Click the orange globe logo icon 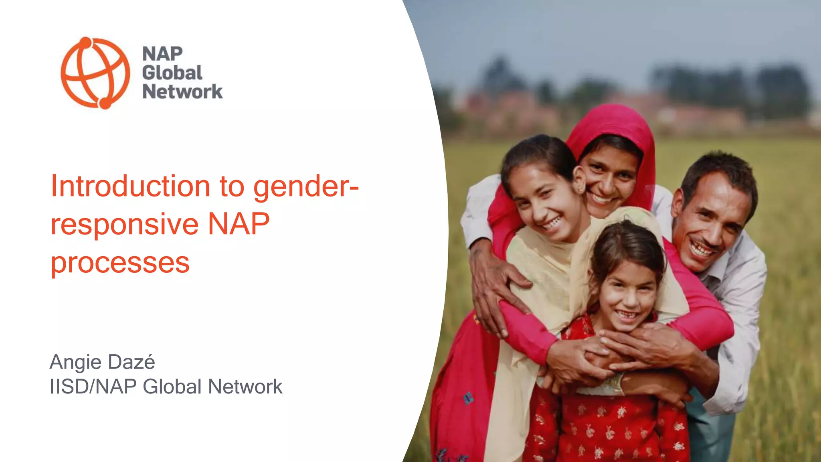coord(95,73)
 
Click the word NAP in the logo coord(162,54)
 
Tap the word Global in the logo coord(172,73)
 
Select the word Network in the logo coord(182,92)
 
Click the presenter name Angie coord(75,363)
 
